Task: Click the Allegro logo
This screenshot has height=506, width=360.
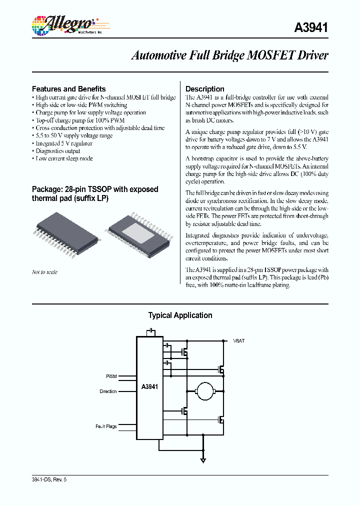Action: point(62,24)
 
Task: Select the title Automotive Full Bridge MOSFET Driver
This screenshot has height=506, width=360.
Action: point(229,55)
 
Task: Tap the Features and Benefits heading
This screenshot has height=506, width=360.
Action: point(69,89)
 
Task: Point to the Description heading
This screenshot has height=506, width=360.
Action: point(205,89)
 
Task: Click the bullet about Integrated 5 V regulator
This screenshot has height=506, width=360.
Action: point(63,143)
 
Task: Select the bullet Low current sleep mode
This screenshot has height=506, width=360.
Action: point(63,158)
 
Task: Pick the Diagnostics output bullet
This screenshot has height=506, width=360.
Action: point(57,151)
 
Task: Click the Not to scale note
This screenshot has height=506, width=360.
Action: point(44,272)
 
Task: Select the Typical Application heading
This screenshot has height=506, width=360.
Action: point(180,315)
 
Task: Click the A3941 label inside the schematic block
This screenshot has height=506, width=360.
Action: point(150,386)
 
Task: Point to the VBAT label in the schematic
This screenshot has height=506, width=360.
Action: point(238,340)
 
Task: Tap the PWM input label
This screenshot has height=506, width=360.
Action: point(111,375)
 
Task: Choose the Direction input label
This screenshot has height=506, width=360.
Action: point(108,391)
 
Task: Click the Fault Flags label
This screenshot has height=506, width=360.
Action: point(106,426)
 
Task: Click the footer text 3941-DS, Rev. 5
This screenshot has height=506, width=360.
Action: point(49,479)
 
